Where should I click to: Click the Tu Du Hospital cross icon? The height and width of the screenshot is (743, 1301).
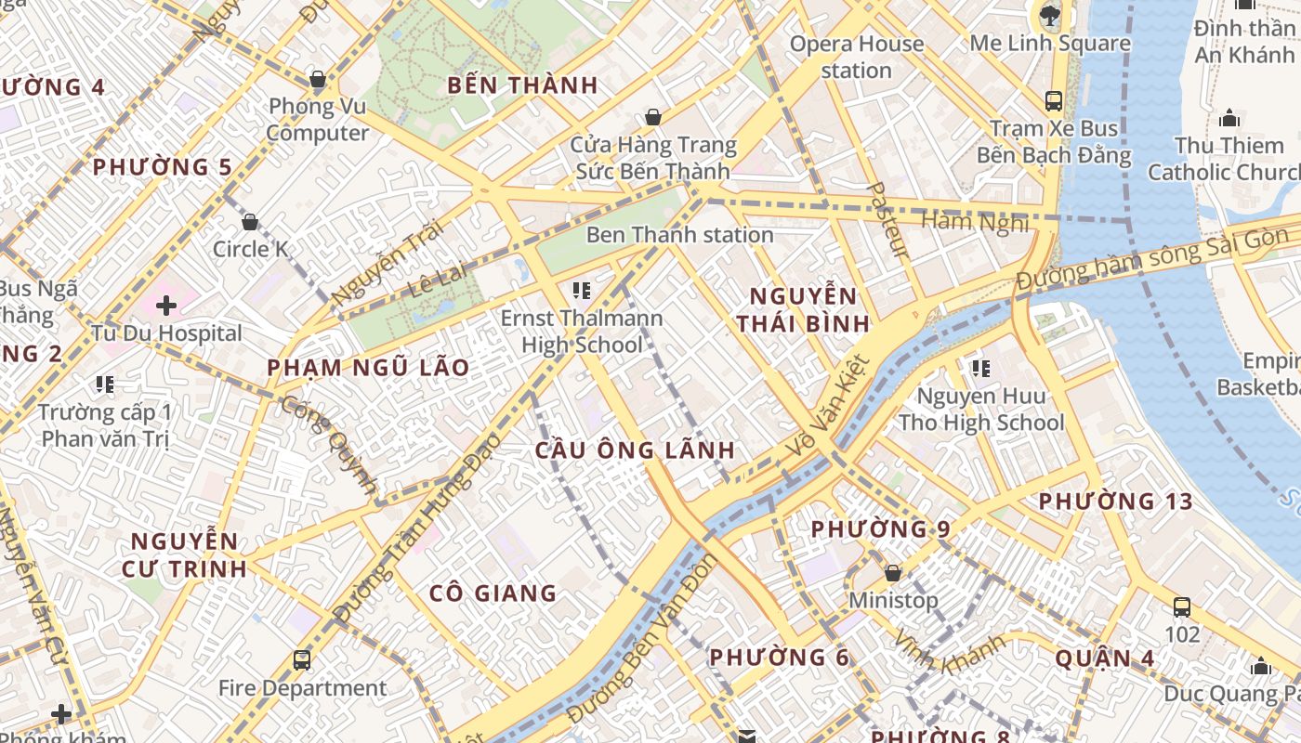pos(166,305)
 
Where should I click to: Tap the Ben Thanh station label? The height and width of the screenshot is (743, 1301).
pos(679,235)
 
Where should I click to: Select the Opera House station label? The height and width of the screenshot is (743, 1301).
pos(856,57)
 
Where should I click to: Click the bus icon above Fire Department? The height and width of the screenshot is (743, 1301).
pos(302,660)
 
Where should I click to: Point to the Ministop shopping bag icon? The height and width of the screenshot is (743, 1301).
pos(892,573)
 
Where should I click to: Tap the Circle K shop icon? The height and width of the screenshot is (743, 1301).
pos(249,222)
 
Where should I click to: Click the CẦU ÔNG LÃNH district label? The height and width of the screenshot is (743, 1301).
pos(635,450)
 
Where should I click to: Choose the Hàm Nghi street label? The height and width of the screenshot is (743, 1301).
pos(975,221)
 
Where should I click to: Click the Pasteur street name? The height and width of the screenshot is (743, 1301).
pos(887,220)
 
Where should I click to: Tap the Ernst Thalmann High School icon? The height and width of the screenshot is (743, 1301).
pos(582,291)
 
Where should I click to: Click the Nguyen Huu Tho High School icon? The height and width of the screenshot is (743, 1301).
pos(980,369)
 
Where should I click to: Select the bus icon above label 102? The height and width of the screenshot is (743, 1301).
pos(1182,607)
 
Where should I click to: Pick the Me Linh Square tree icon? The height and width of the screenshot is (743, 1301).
pos(1050,15)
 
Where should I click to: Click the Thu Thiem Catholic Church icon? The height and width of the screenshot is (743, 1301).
pos(1229,118)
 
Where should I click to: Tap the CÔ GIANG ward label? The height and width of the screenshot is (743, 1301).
pos(493,593)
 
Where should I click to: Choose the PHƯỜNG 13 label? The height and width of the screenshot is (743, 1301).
pos(1115,502)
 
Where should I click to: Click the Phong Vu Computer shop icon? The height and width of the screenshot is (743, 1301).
pos(318,79)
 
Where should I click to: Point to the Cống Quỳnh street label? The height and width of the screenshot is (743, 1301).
pos(330,445)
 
